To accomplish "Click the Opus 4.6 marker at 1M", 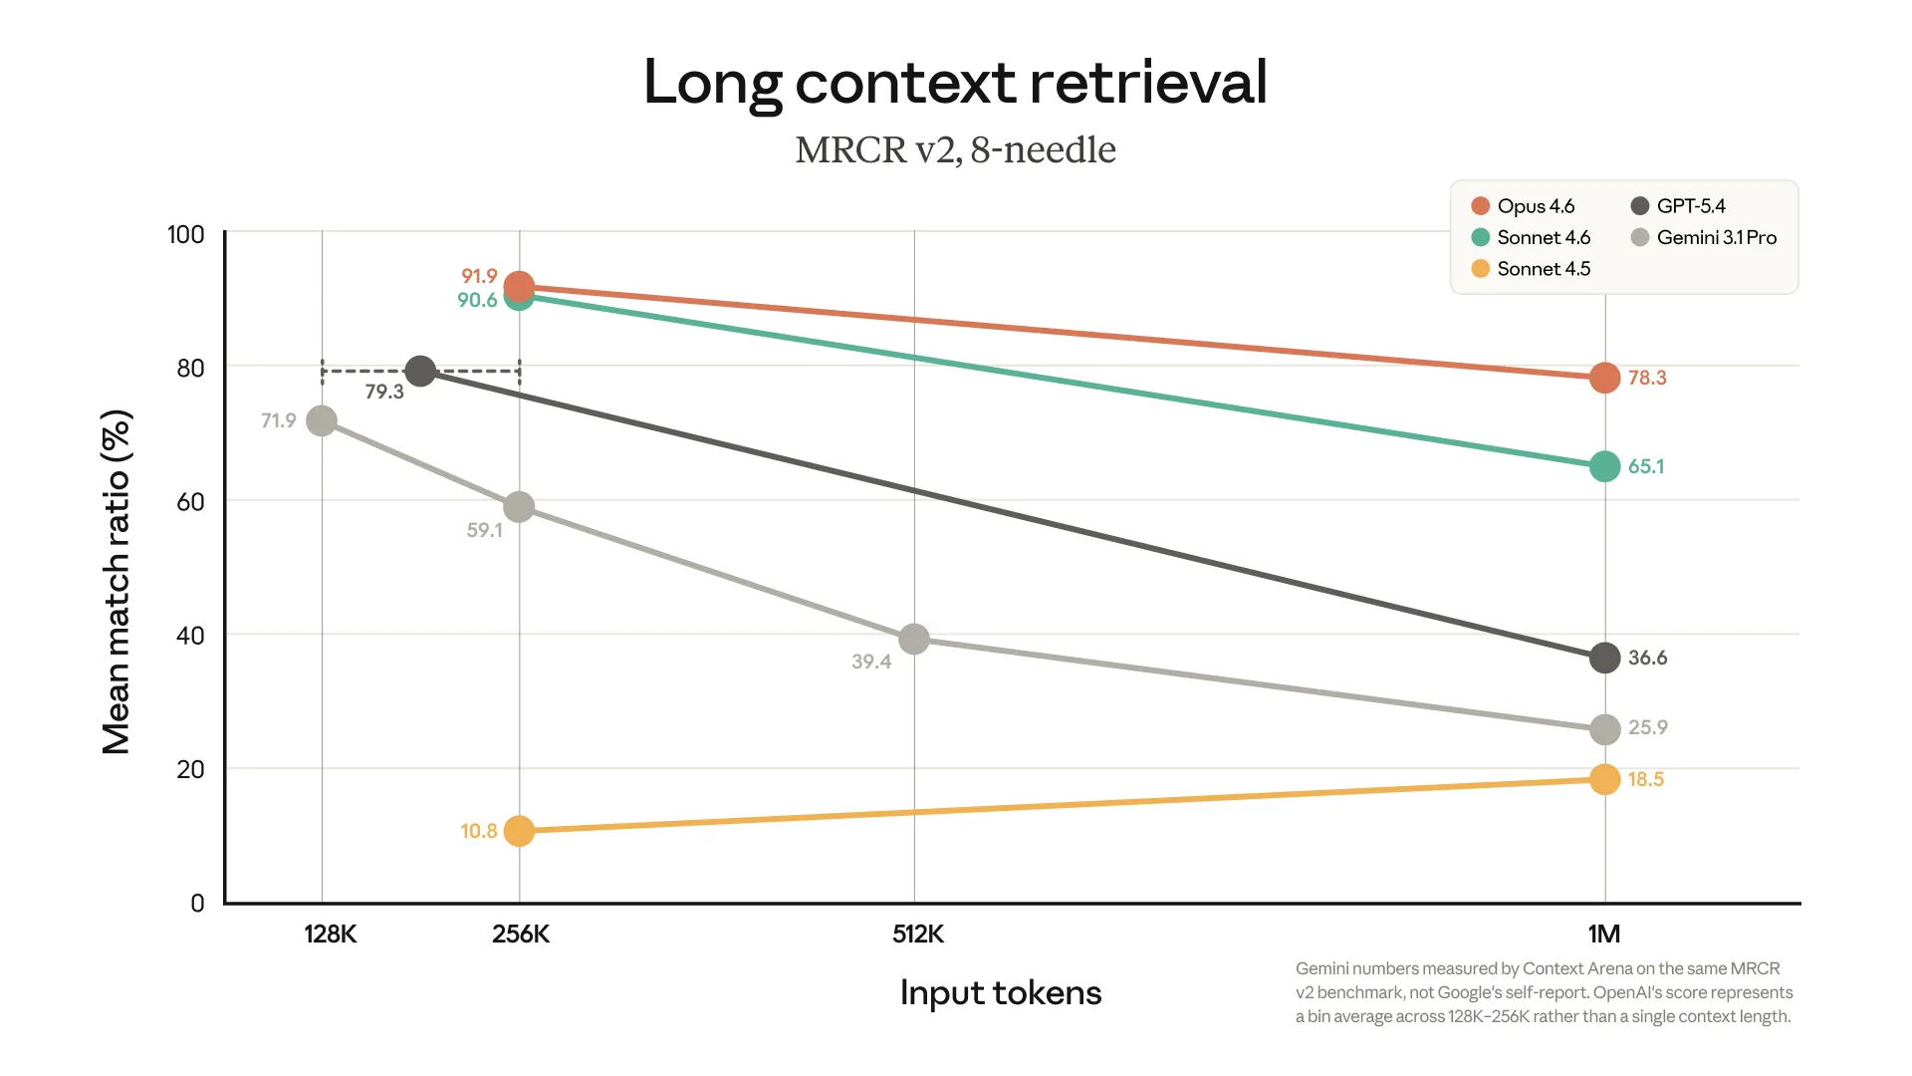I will point(1604,378).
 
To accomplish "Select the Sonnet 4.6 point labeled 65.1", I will point(1604,466).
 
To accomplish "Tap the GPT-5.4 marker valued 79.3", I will point(420,372).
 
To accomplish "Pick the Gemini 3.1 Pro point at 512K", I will point(913,639).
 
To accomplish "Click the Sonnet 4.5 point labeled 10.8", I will point(519,831).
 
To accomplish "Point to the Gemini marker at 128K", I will point(322,421).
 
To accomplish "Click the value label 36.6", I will point(1647,658).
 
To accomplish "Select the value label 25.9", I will point(1647,727).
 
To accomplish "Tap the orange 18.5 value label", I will point(1645,779).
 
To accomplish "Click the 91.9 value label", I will point(479,276).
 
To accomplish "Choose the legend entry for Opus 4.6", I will point(1524,206).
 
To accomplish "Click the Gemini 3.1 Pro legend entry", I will point(1704,237).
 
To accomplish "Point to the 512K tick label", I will point(917,934).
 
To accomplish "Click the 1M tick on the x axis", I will point(1603,934).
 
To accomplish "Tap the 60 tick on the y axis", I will point(190,501).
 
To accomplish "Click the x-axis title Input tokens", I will point(1000,992).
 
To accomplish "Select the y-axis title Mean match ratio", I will point(117,583).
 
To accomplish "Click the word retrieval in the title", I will point(1148,82).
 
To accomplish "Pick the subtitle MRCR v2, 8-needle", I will point(955,149).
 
